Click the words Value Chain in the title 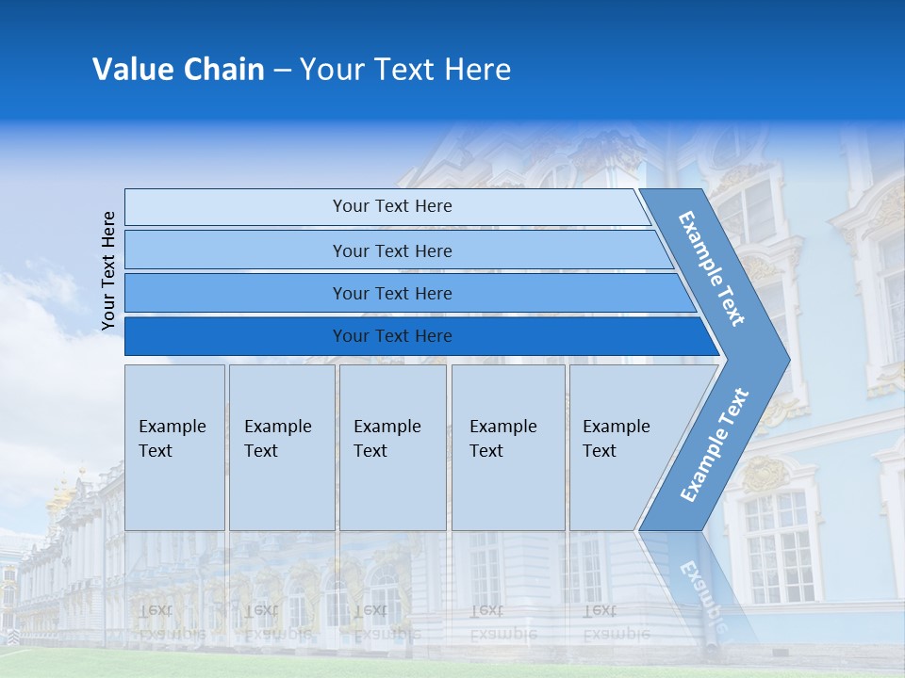[178, 70]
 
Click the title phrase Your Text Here [405, 70]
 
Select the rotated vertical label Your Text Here [108, 270]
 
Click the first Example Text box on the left [174, 447]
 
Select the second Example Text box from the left [282, 447]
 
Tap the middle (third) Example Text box [392, 447]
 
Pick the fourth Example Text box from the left [508, 447]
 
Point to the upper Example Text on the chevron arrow [713, 268]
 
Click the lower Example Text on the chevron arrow [715, 444]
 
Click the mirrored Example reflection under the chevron [702, 593]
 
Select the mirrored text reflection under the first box [173, 622]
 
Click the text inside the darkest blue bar [392, 336]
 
